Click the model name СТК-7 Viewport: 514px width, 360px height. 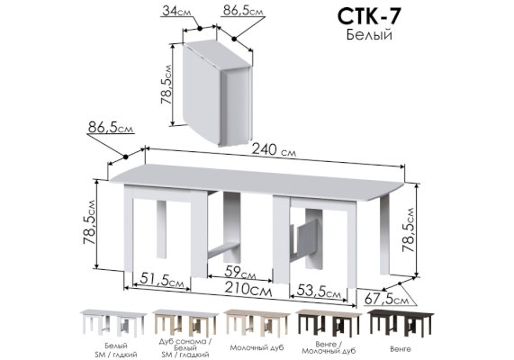368,16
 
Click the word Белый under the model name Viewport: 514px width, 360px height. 369,35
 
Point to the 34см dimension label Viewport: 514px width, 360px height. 176,11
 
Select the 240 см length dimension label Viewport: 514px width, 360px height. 274,150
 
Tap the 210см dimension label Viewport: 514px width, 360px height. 248,290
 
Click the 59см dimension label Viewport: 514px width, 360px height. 240,272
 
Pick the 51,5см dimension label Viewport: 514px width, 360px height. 162,280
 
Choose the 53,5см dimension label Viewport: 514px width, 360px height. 319,291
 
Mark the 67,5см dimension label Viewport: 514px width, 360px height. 386,299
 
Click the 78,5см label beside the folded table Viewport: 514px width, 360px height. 166,85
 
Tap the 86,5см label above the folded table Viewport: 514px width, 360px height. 243,11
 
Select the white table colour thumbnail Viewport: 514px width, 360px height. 113,323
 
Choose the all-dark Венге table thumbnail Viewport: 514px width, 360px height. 401,323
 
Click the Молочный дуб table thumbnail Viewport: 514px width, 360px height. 257,323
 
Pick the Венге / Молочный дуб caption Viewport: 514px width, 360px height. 329,348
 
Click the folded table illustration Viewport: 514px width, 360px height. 217,93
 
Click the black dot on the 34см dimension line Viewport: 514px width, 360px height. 199,29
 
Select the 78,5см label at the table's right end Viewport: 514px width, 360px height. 409,229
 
